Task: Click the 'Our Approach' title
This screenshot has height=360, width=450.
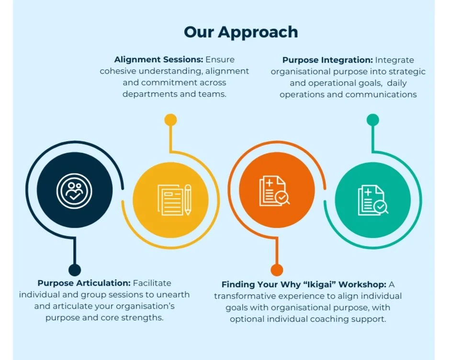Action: (x=241, y=32)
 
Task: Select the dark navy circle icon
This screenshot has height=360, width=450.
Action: (x=75, y=190)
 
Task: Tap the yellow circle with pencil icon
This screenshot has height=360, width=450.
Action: (x=170, y=200)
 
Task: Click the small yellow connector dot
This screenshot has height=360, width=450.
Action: (x=170, y=120)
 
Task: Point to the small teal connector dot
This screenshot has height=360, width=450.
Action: (x=372, y=120)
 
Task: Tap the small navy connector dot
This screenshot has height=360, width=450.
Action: (x=75, y=270)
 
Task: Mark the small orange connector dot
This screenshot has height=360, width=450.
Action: (x=277, y=270)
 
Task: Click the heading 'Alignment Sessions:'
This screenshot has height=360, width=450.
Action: (x=158, y=60)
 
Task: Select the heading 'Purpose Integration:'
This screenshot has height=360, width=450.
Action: (x=327, y=60)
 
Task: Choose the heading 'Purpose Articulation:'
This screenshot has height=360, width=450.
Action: (x=84, y=283)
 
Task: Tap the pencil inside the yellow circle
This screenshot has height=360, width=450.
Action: (x=188, y=200)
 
